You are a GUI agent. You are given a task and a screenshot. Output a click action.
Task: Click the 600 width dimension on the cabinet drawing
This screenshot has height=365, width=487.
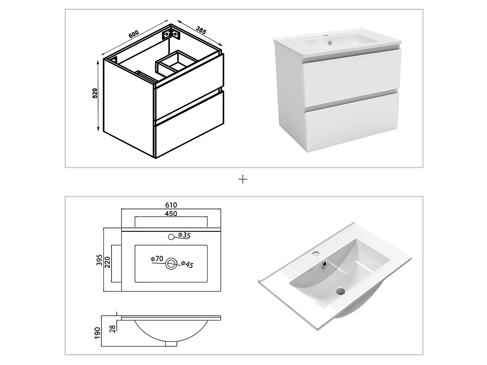point(133,34)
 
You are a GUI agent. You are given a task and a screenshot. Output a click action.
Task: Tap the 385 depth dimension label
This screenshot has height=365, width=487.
point(201,30)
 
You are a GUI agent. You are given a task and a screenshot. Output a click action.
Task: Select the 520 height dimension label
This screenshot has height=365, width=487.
point(95,93)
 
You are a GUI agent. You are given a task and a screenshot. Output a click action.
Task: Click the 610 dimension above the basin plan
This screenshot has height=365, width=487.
point(171,205)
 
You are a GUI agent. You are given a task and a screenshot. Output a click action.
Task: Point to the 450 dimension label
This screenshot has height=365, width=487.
point(171,213)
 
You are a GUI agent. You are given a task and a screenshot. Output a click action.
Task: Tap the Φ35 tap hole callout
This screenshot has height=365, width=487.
point(184,235)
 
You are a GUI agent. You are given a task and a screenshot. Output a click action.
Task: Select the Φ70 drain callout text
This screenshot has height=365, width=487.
point(156,259)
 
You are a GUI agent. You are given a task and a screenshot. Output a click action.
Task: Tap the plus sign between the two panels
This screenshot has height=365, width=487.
point(243,179)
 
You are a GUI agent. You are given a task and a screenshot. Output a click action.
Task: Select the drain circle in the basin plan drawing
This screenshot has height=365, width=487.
point(171,263)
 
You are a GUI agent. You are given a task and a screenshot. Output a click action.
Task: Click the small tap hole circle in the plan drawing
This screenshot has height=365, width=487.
point(171,237)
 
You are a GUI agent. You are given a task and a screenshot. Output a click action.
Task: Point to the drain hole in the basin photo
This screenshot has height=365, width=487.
point(340,291)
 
